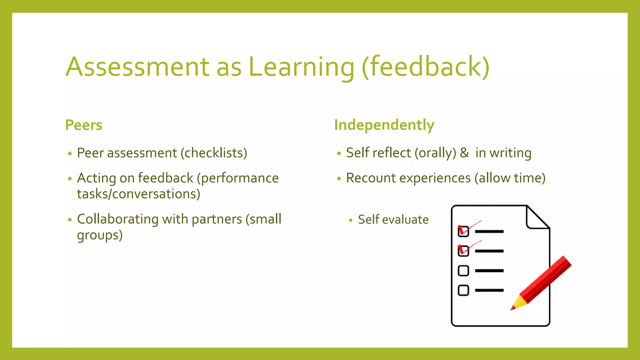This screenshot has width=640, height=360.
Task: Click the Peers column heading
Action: point(84,125)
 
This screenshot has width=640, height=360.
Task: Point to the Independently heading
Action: point(384,125)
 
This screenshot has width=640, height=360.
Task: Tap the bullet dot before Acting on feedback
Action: point(70,179)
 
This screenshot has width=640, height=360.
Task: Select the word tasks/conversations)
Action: point(138,194)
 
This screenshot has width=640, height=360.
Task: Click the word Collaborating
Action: point(117,219)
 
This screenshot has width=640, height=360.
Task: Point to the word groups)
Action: point(100,235)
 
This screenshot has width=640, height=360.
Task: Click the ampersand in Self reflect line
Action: point(464,153)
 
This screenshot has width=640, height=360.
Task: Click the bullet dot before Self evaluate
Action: point(351,220)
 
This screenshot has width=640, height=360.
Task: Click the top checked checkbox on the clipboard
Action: point(463,231)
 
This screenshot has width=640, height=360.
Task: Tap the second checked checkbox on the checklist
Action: point(463,251)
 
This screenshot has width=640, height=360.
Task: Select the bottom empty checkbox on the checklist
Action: point(463,290)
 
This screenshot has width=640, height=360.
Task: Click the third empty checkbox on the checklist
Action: point(463,271)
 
